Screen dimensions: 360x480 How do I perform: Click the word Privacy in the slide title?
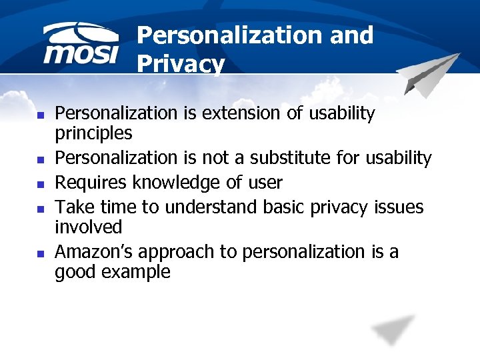coord(180,65)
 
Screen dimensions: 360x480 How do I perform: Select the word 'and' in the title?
coord(351,35)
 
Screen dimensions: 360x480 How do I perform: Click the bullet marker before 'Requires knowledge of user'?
coord(41,183)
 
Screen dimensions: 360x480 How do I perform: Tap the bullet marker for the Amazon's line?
coord(41,253)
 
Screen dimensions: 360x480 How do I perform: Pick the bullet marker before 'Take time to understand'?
coord(41,208)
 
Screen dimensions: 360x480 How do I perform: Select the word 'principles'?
coord(93,133)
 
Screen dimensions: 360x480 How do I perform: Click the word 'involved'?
coord(88,227)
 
